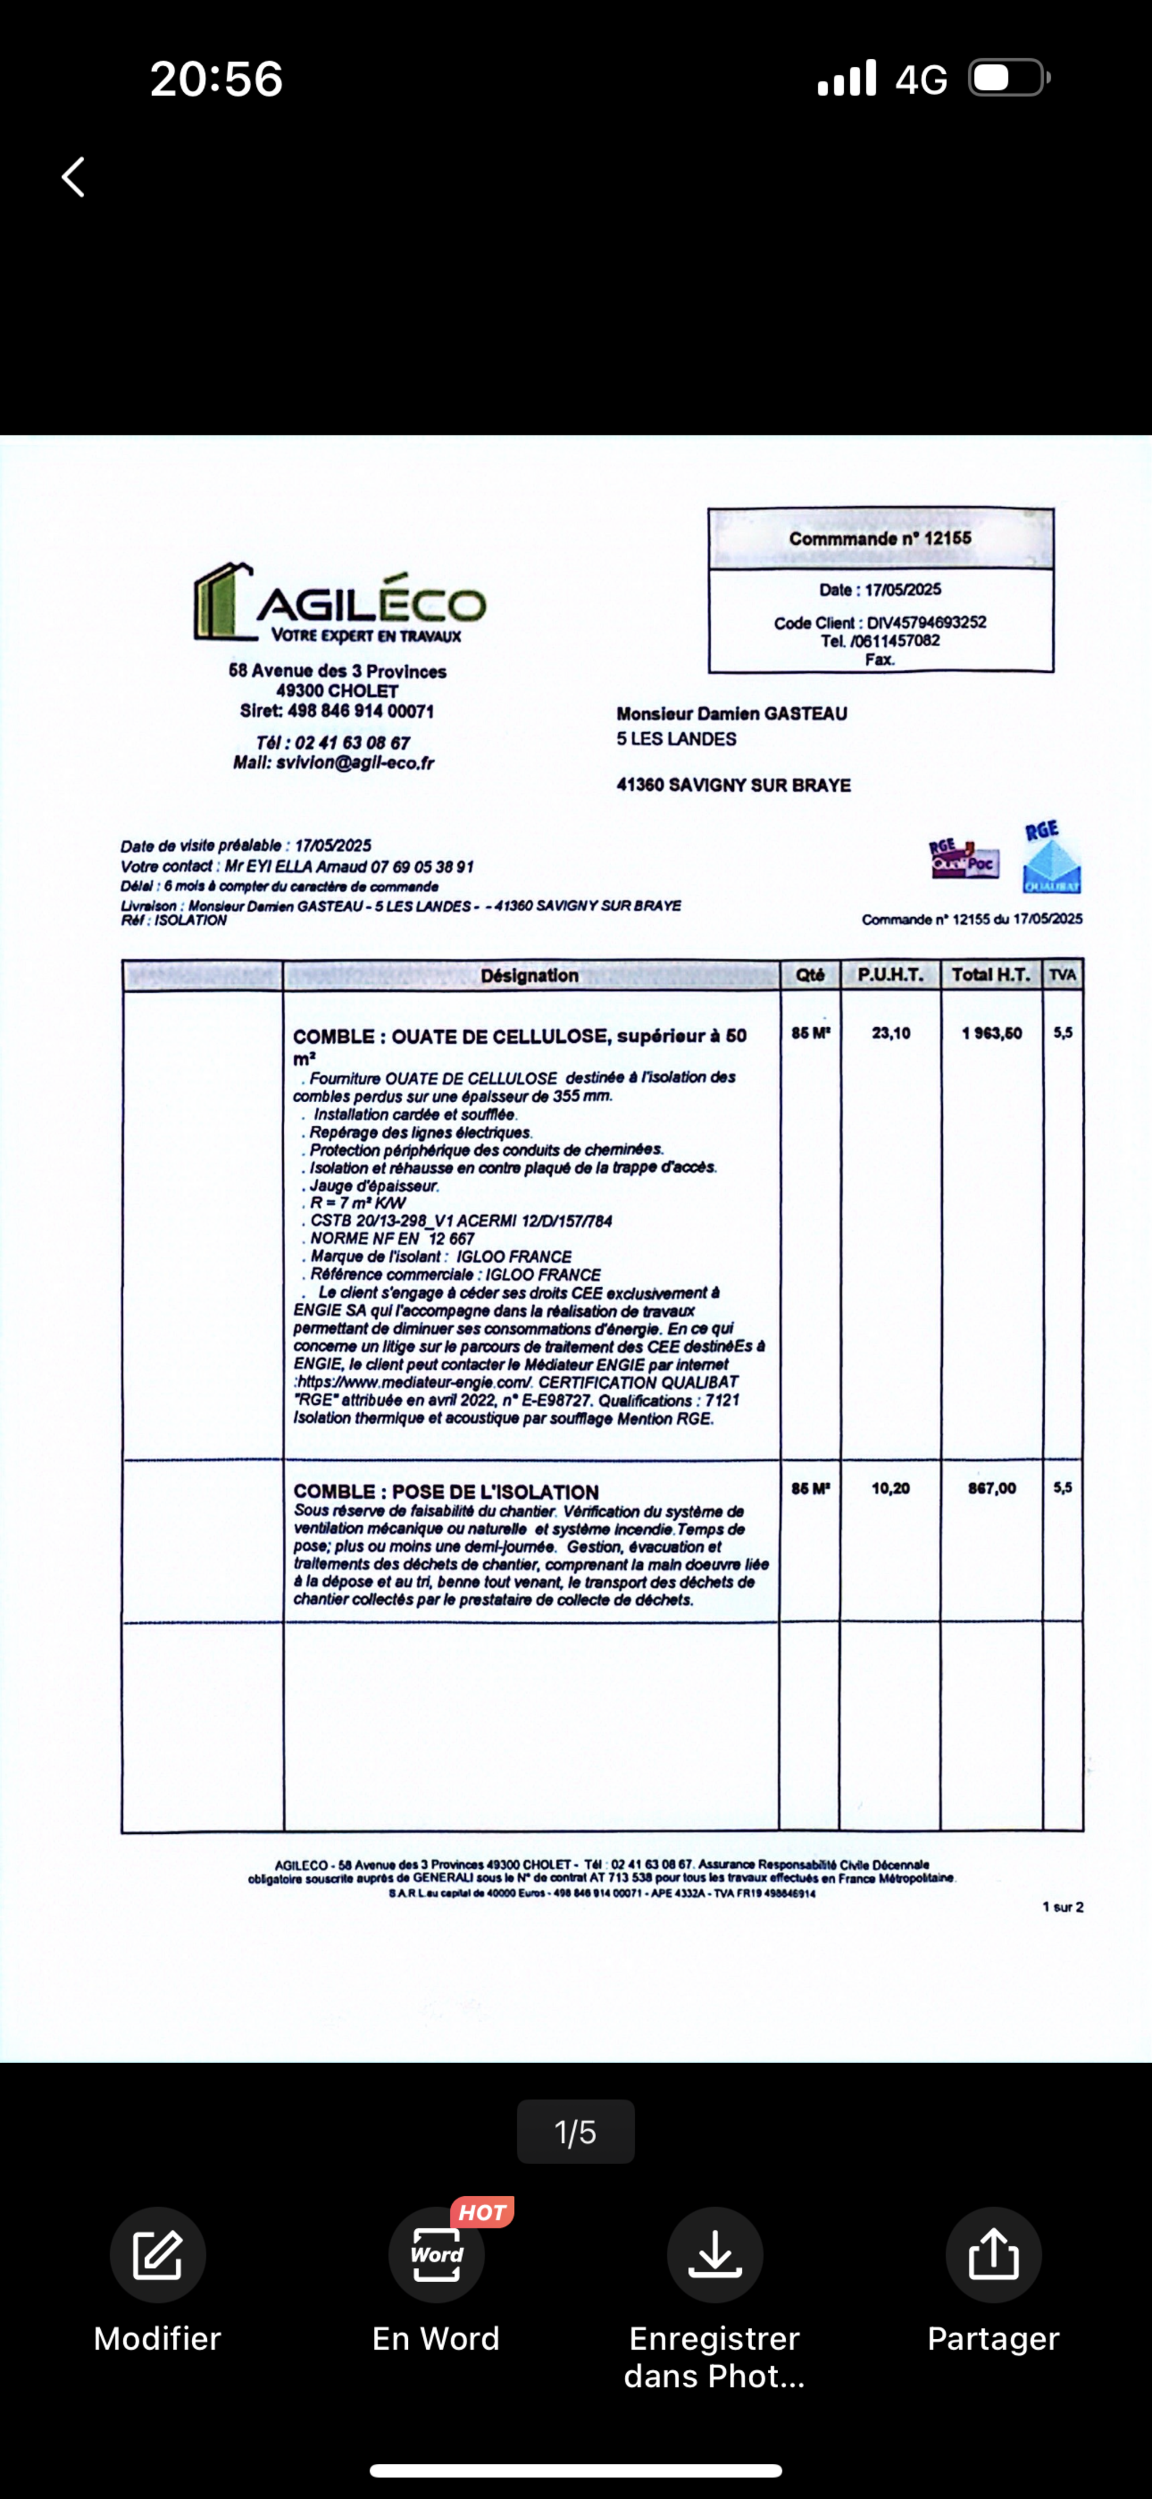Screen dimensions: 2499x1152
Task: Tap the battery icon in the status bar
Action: click(1009, 78)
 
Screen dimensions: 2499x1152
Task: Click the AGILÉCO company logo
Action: click(339, 604)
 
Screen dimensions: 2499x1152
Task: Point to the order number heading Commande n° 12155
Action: click(880, 538)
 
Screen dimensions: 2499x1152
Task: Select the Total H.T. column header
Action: click(990, 975)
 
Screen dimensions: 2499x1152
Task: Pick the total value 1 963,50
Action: click(991, 1033)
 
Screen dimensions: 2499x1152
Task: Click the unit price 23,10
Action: click(890, 1033)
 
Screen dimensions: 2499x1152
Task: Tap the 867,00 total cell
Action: click(991, 1488)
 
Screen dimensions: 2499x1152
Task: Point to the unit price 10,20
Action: click(890, 1488)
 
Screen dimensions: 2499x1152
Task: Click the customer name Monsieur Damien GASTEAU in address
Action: click(731, 714)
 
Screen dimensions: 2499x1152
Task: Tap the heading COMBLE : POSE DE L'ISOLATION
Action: click(446, 1492)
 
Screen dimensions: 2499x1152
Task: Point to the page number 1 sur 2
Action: click(1063, 1907)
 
